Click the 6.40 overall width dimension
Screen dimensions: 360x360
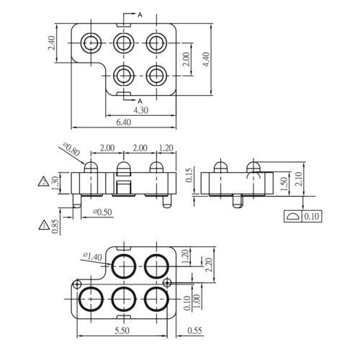click(x=124, y=123)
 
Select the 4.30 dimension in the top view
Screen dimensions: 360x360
click(x=140, y=110)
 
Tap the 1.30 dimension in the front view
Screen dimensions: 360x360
click(x=55, y=182)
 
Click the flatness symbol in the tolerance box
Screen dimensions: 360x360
click(x=293, y=216)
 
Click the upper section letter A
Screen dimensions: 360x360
click(x=139, y=14)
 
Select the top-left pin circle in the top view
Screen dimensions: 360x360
click(x=91, y=42)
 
